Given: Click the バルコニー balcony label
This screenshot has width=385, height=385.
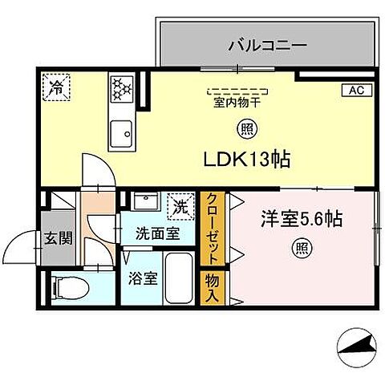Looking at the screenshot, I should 267,45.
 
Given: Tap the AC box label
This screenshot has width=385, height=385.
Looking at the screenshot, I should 355,90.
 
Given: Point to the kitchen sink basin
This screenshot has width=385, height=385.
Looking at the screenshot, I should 122,129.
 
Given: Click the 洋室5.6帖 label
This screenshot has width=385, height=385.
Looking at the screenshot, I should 302,219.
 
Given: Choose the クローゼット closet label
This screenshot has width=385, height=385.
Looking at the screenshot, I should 213,229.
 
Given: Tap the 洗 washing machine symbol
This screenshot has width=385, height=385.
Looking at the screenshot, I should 180,206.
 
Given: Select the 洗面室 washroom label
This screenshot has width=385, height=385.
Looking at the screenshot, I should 157,234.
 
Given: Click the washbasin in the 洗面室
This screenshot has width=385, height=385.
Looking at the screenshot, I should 145,201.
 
